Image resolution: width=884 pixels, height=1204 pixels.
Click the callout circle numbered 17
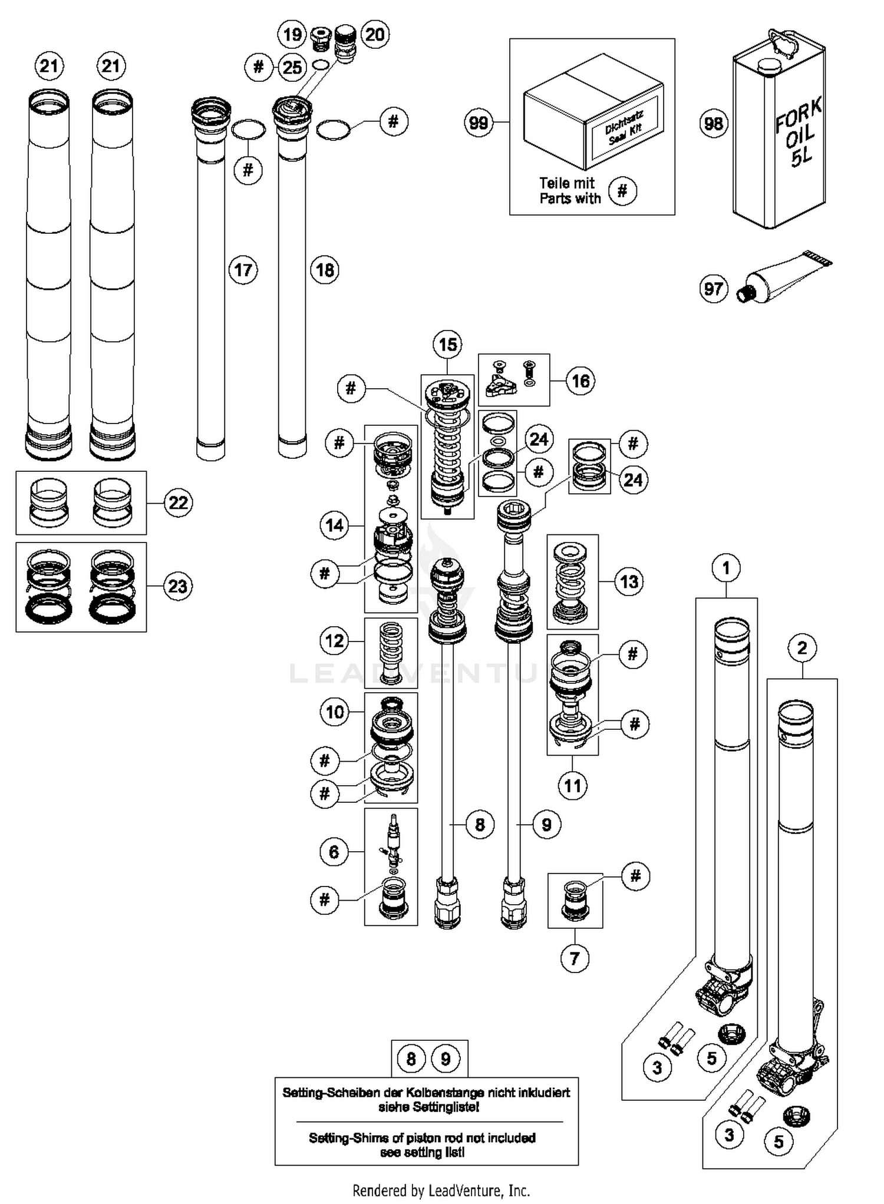pyautogui.click(x=243, y=270)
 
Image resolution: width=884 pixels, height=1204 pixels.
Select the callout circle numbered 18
pyautogui.click(x=325, y=270)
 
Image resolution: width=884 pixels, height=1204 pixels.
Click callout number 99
pyautogui.click(x=478, y=123)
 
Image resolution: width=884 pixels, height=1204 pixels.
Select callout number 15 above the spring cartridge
pyautogui.click(x=447, y=345)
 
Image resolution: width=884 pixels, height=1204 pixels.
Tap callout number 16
pyautogui.click(x=580, y=381)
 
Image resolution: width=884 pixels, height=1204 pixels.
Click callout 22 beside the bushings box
pyautogui.click(x=177, y=502)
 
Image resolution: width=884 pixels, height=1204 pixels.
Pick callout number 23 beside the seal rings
pyautogui.click(x=177, y=587)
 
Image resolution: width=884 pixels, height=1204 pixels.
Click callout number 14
pyautogui.click(x=334, y=525)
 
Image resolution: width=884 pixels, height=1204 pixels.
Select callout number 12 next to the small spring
pyautogui.click(x=334, y=640)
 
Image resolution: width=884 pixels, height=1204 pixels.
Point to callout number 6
pyautogui.click(x=334, y=852)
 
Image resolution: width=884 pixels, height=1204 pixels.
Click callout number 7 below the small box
pyautogui.click(x=575, y=958)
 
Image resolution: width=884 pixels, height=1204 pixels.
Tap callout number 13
pyautogui.click(x=628, y=582)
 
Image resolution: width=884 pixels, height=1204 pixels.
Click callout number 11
pyautogui.click(x=572, y=785)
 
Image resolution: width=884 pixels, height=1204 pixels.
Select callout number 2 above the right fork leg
pyautogui.click(x=801, y=648)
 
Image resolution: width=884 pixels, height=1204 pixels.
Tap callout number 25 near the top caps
pyautogui.click(x=292, y=68)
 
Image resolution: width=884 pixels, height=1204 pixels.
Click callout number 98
pyautogui.click(x=713, y=123)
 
